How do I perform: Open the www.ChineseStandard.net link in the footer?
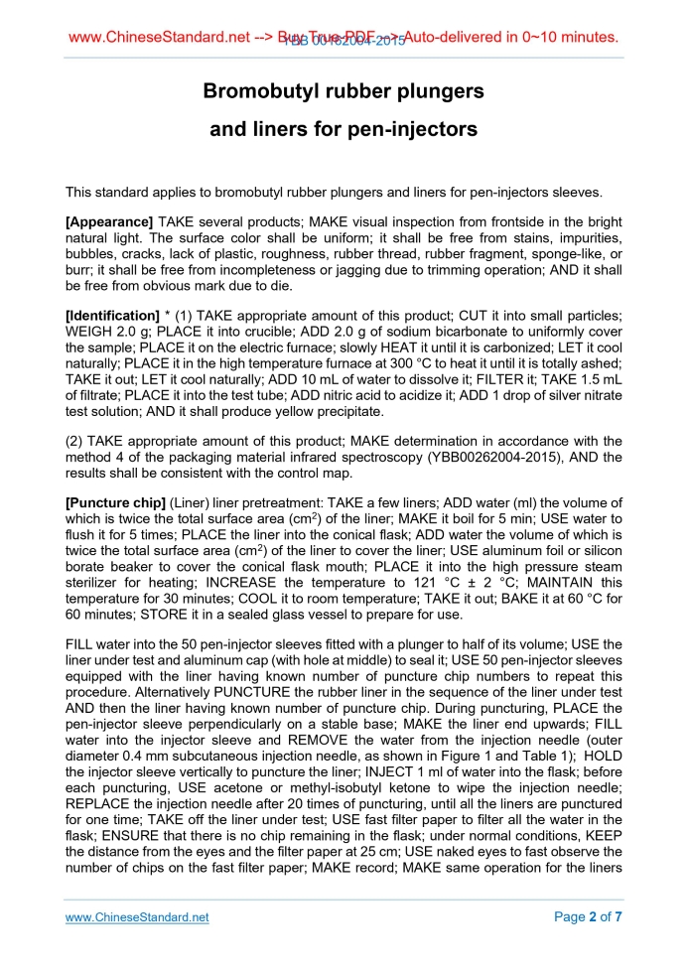click(136, 917)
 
